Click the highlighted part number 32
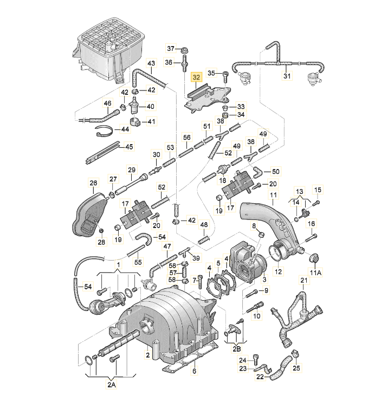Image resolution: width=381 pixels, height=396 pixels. [196, 77]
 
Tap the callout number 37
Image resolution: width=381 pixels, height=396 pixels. [170, 49]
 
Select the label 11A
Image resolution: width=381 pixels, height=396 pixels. [315, 272]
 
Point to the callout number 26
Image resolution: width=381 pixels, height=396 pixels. [93, 183]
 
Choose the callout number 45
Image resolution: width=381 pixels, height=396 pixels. [128, 146]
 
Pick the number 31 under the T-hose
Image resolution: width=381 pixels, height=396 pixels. [287, 76]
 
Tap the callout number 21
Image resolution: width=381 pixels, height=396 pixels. [303, 280]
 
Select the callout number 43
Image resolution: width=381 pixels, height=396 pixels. [151, 63]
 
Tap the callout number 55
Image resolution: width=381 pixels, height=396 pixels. [138, 262]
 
